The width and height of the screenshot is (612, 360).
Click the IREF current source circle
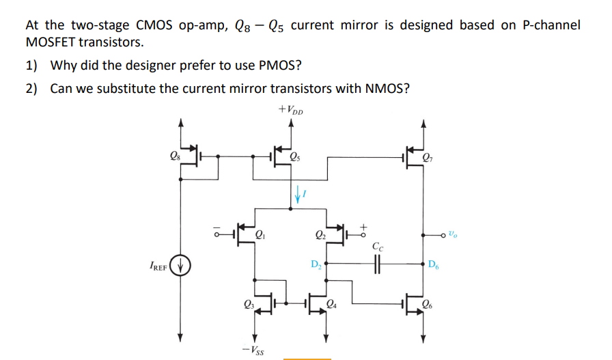point(180,264)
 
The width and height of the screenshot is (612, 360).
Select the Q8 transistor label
point(176,154)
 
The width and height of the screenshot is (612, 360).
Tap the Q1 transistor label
point(260,236)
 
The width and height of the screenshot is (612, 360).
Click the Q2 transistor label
point(320,236)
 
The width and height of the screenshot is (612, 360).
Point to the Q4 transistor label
point(333,305)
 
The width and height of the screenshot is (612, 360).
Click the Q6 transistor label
point(428,305)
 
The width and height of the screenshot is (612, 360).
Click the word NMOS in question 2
point(386,89)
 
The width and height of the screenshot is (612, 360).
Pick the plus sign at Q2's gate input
point(364,223)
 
